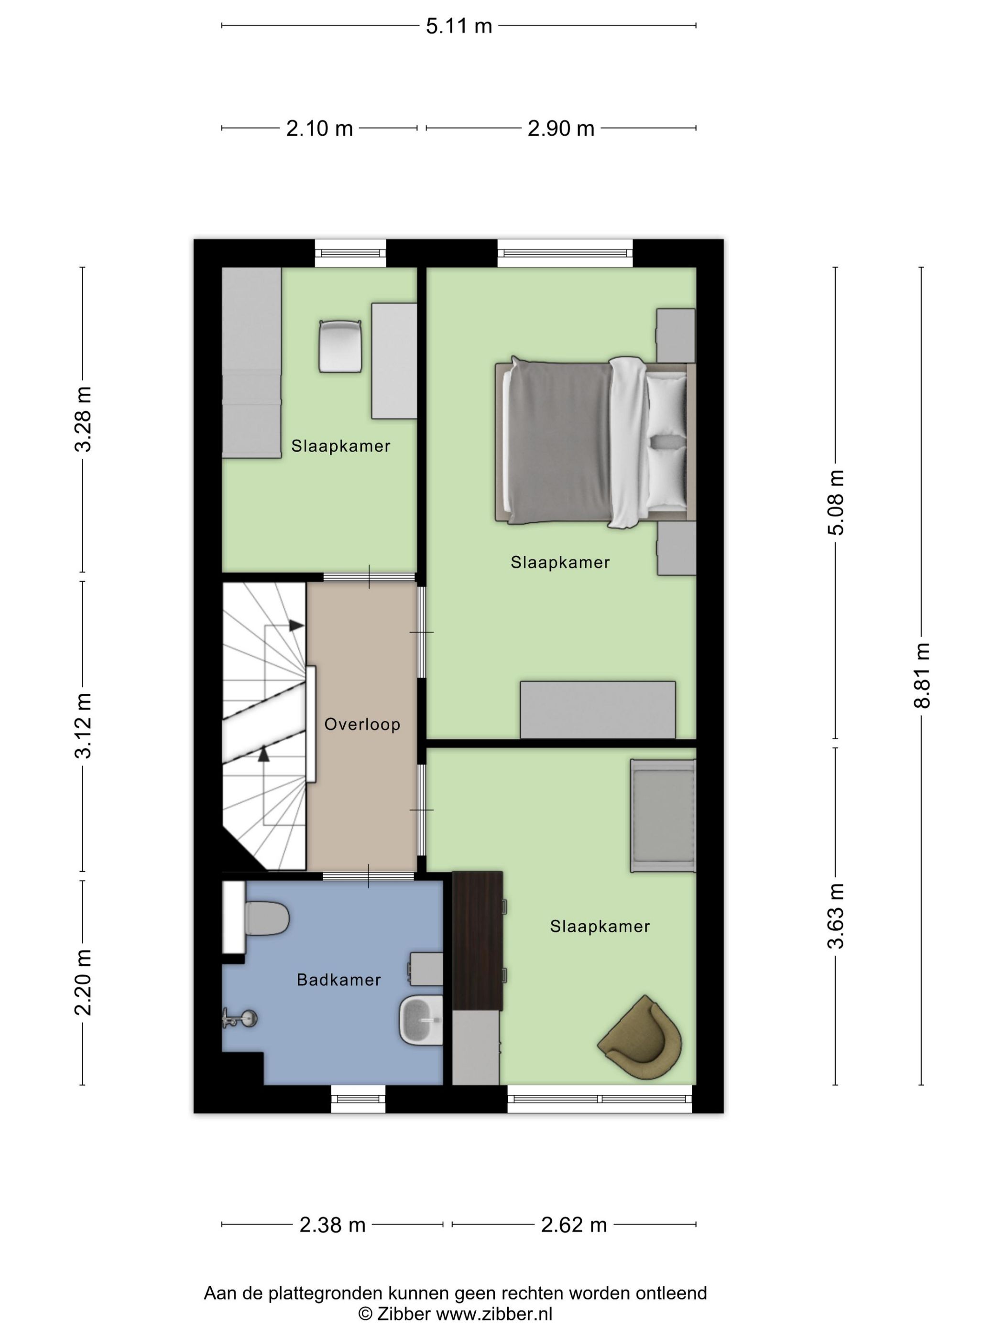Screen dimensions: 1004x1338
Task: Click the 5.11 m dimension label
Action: [x=458, y=26]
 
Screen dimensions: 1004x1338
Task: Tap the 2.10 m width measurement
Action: [x=319, y=128]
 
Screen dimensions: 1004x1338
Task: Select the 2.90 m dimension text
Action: [x=560, y=128]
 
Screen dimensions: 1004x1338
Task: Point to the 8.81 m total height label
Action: [x=921, y=675]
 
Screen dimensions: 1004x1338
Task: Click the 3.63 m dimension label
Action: [x=836, y=915]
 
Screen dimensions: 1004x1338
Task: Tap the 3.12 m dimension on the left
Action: [x=83, y=726]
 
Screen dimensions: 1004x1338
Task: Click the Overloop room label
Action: [x=362, y=724]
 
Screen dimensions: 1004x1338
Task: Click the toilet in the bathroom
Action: [x=266, y=919]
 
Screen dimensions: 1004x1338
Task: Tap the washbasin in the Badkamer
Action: [x=421, y=1020]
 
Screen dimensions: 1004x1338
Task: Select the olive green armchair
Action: [x=642, y=1037]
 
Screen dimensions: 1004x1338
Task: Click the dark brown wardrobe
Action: [x=478, y=940]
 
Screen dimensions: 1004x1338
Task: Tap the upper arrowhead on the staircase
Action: [x=296, y=626]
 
